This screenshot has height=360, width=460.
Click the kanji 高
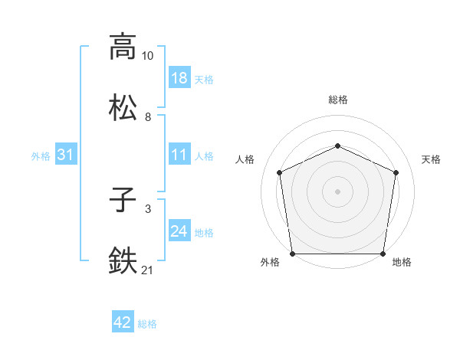(123, 47)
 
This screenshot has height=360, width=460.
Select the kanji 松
(123, 107)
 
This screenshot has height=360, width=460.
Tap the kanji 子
(123, 201)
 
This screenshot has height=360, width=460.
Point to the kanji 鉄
(123, 260)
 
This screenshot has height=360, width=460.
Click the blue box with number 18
(179, 78)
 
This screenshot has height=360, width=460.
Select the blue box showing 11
(179, 155)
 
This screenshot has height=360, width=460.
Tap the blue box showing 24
(179, 232)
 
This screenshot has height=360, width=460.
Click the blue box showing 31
(66, 155)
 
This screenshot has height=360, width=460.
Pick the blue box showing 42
(123, 323)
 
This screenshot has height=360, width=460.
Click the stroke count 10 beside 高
(147, 56)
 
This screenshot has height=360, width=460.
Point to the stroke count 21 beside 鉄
(147, 270)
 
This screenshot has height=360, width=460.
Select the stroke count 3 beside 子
(147, 209)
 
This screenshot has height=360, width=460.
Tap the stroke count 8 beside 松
(147, 116)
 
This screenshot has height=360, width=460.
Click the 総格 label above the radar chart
(337, 100)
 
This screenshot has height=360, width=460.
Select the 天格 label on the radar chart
(431, 159)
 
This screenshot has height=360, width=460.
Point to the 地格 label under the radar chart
(402, 262)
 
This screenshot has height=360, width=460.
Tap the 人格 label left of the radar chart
(245, 159)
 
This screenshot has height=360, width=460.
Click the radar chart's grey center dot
(337, 191)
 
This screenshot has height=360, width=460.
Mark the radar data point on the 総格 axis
(337, 145)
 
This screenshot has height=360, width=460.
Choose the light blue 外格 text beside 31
(41, 156)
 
